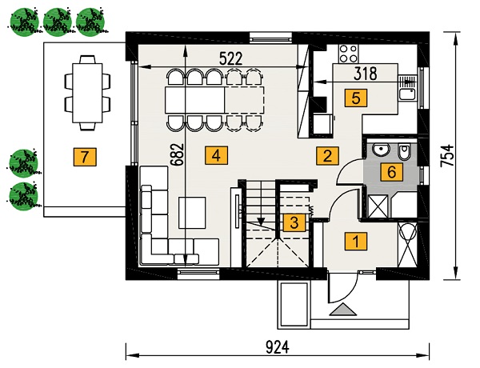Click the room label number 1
pyautogui.click(x=356, y=242)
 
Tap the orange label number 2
pyautogui.click(x=327, y=156)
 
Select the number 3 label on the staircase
pyautogui.click(x=294, y=222)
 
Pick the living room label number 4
pyautogui.click(x=217, y=156)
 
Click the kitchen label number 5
pyautogui.click(x=356, y=98)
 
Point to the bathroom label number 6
pyautogui.click(x=392, y=172)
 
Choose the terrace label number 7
pyautogui.click(x=85, y=157)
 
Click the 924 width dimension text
pyautogui.click(x=278, y=348)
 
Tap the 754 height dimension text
pyautogui.click(x=447, y=155)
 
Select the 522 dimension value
pyautogui.click(x=231, y=58)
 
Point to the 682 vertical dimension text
pyautogui.click(x=178, y=154)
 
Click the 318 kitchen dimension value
pyautogui.click(x=366, y=74)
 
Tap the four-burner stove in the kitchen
pyautogui.click(x=348, y=54)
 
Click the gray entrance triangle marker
pyautogui.click(x=343, y=310)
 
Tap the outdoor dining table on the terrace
pyautogui.click(x=87, y=93)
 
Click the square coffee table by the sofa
pyautogui.click(x=192, y=213)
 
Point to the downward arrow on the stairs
pyautogui.click(x=261, y=203)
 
